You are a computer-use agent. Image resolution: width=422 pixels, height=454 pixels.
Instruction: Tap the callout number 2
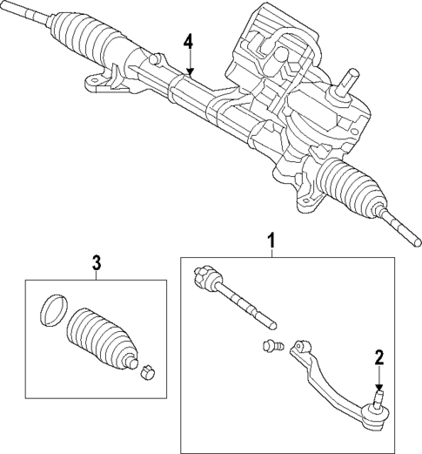[378, 356]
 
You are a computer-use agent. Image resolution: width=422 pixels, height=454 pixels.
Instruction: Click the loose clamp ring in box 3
[54, 309]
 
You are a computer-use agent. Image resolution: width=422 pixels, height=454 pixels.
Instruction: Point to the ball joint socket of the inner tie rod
[205, 277]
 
